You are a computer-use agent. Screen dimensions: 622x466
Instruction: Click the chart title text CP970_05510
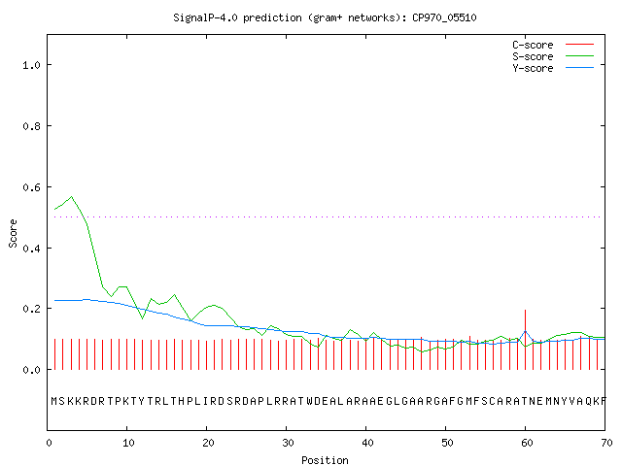coord(444,17)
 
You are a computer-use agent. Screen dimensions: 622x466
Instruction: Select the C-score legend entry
coord(553,45)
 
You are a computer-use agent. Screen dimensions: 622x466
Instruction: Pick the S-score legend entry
coord(553,56)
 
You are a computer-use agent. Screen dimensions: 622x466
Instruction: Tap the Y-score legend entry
coord(553,68)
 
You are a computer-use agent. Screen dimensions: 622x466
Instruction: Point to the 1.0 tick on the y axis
coord(31,65)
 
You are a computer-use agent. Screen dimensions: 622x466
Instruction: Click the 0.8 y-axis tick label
coord(31,126)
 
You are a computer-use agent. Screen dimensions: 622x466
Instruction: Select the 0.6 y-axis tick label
coord(31,187)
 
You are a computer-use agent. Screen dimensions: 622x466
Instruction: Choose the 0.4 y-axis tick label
coord(31,249)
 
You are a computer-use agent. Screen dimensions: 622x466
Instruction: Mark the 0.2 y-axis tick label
coord(31,309)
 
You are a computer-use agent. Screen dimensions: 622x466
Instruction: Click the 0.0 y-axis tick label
coord(31,370)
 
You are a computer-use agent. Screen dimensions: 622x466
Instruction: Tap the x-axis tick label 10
coord(128,443)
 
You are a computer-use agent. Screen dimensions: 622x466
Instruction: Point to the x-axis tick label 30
coord(288,443)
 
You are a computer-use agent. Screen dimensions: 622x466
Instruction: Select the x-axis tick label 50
coord(447,443)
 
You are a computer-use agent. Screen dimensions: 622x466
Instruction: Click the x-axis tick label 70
coord(606,443)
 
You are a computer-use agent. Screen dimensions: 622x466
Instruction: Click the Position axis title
coord(325,460)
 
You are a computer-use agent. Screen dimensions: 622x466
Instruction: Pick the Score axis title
coord(13,233)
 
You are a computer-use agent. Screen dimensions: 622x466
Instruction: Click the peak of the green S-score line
coord(71,196)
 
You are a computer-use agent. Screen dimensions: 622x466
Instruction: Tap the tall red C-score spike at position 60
coord(525,340)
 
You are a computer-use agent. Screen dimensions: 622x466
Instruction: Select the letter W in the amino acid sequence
coord(310,401)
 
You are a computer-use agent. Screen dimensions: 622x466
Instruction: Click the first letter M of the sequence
coord(54,401)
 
